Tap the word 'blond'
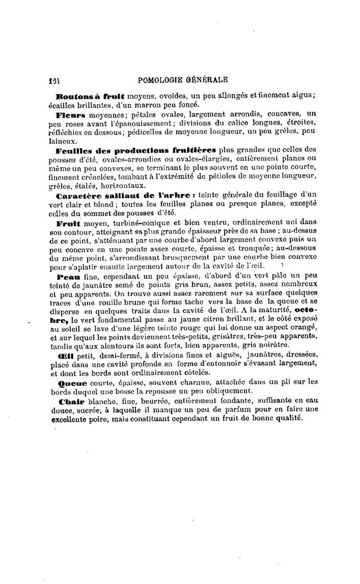pyautogui.click(x=95, y=204)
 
